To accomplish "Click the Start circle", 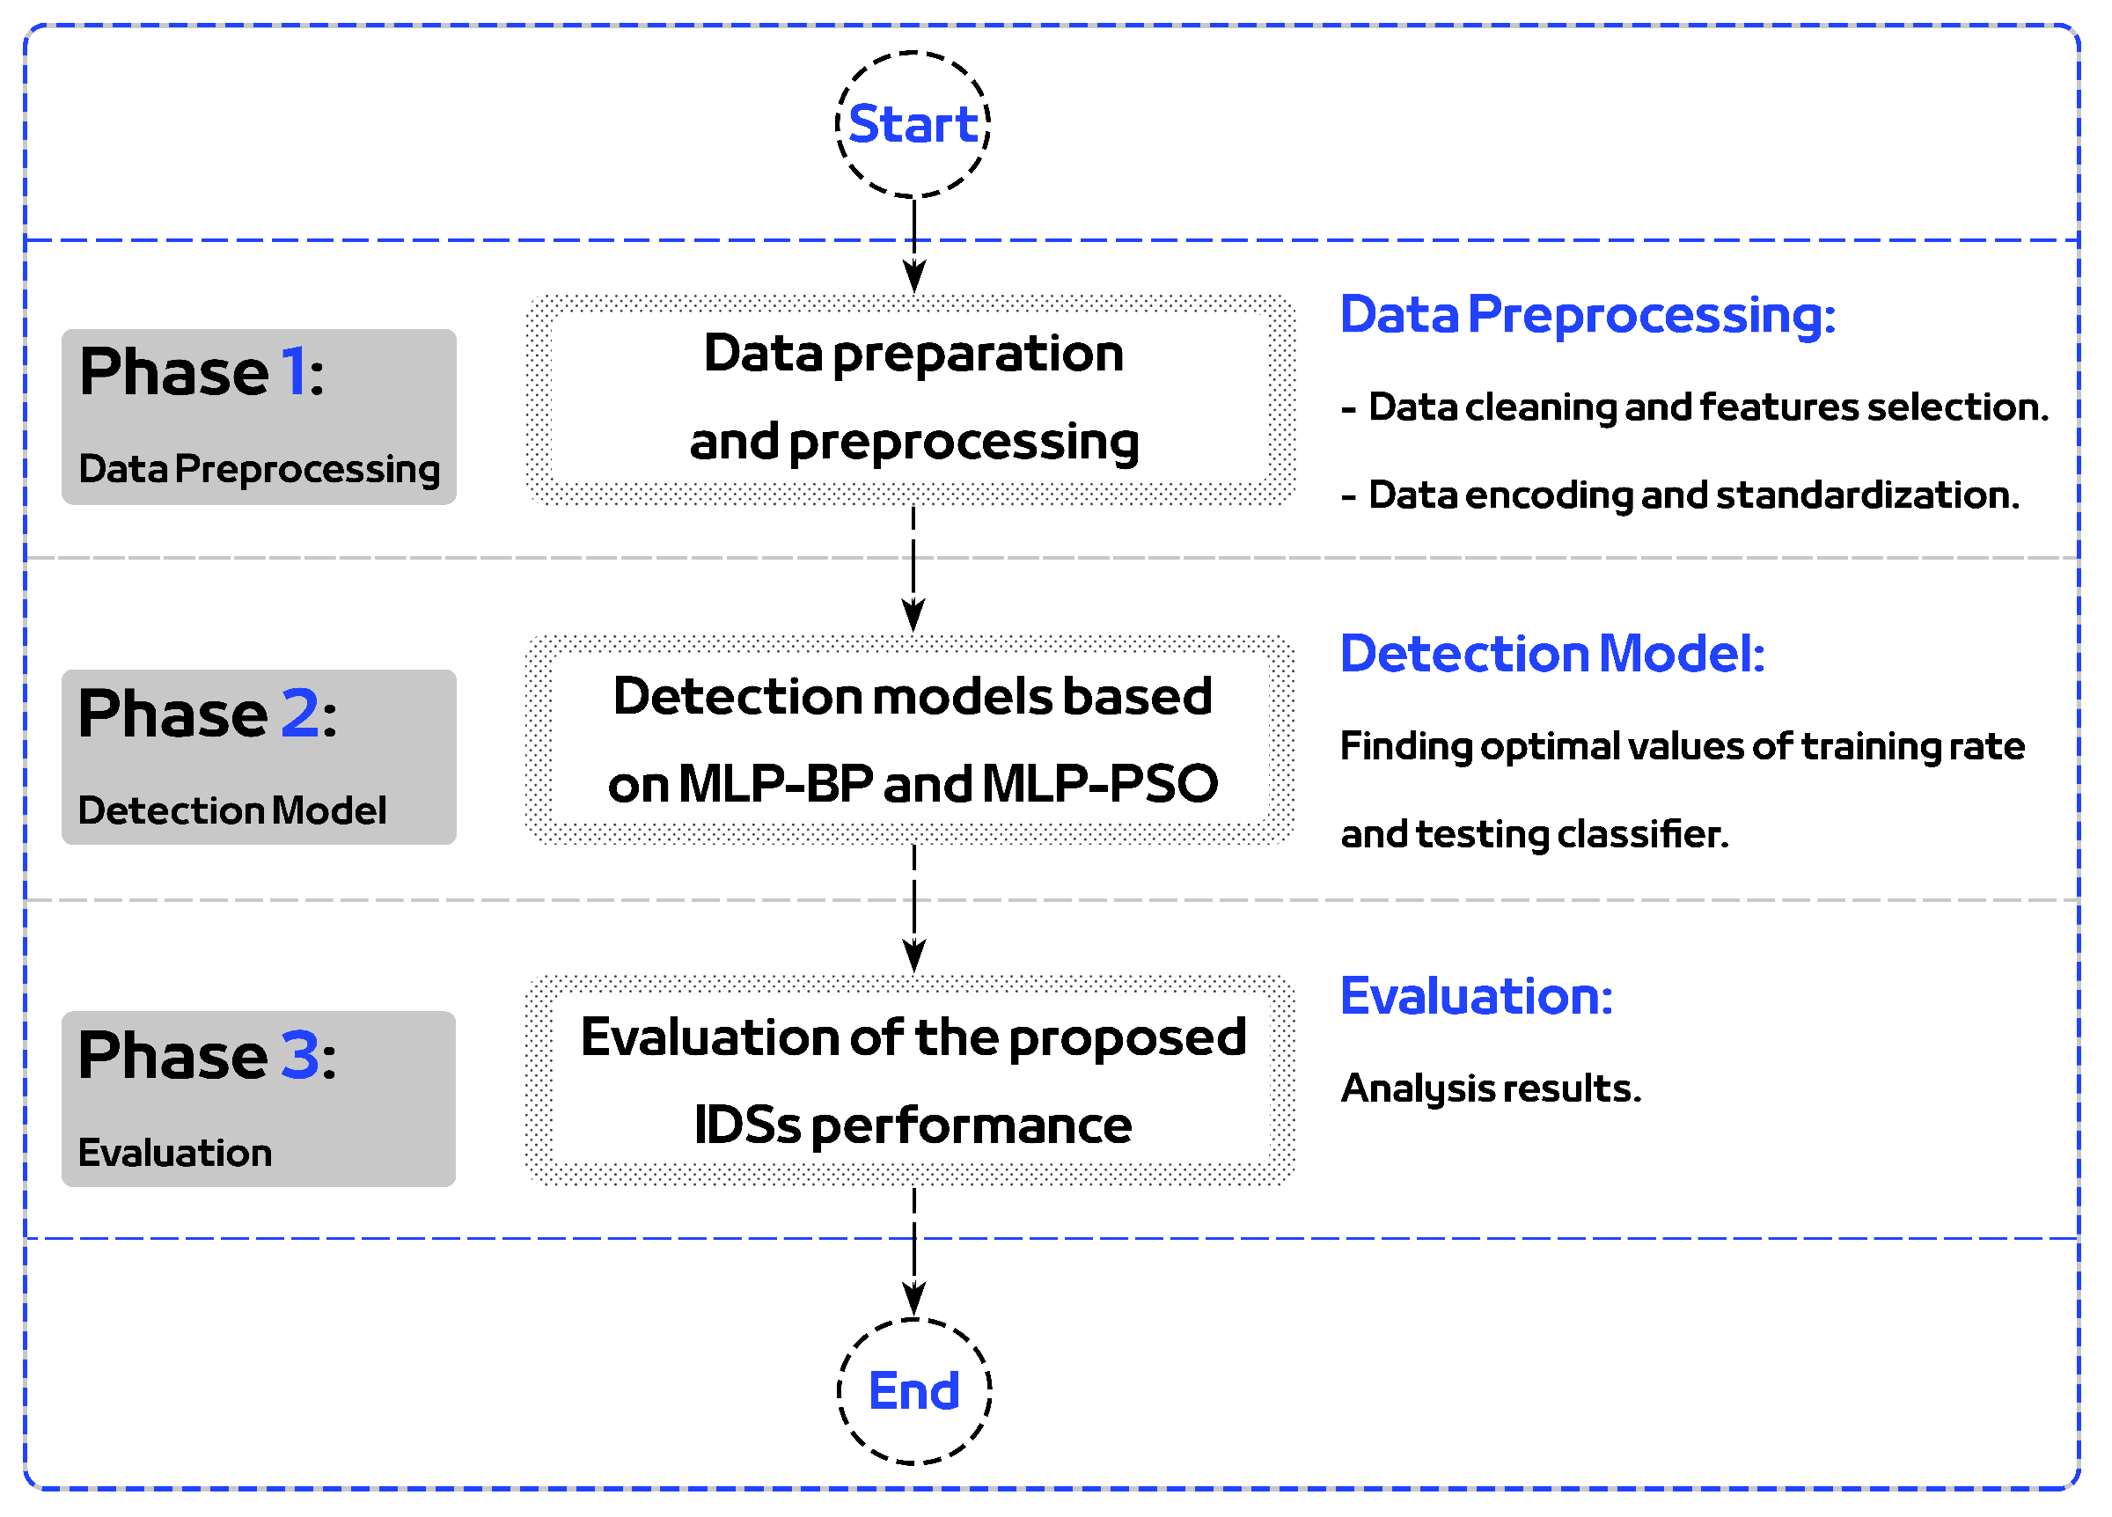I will click(x=913, y=125).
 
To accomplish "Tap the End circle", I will click(x=914, y=1392).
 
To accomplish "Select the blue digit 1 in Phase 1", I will click(x=292, y=372).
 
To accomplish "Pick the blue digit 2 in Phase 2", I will click(x=300, y=715).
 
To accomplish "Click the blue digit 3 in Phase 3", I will click(x=300, y=1056).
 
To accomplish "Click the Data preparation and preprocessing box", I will click(x=913, y=399).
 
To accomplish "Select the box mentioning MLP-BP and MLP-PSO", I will click(x=913, y=740).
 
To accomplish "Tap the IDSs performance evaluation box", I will click(x=913, y=1081).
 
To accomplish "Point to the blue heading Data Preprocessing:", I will click(x=1587, y=315).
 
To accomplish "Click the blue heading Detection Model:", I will click(x=1551, y=654).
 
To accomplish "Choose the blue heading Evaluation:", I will click(x=1476, y=996).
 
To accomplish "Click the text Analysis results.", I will click(x=1490, y=1088).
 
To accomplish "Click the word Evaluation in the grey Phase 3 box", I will click(x=175, y=1154).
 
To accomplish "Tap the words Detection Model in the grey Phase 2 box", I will click(x=231, y=811).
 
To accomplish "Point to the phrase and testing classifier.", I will click(x=1534, y=834).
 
